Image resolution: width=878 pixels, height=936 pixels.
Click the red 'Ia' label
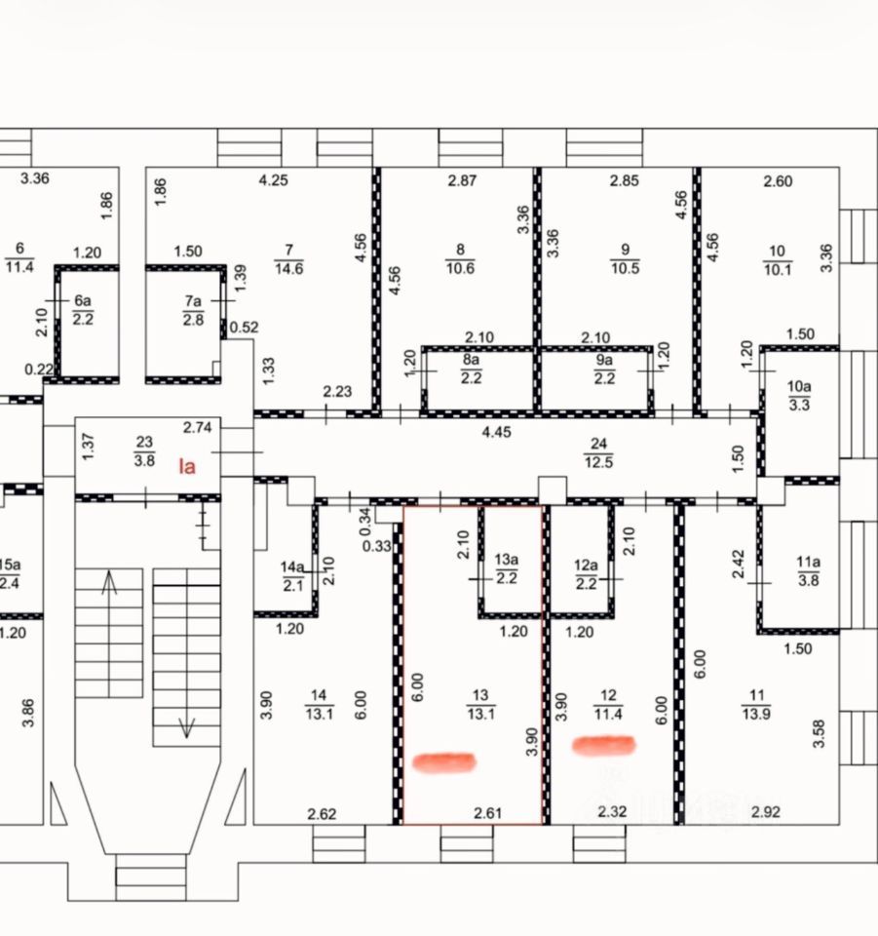186,466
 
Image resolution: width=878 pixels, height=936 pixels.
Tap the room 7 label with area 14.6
289,259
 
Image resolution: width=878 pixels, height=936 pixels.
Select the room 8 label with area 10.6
460,259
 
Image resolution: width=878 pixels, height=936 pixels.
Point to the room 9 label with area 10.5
625,259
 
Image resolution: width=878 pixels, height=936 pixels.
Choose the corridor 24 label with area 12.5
599,453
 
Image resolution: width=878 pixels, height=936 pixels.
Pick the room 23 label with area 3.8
144,453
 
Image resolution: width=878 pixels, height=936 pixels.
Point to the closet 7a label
193,310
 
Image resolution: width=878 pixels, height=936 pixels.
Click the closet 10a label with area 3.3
798,395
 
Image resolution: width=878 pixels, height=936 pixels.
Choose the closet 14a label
293,575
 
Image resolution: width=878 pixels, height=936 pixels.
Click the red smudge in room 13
444,761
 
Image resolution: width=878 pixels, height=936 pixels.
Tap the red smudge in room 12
603,746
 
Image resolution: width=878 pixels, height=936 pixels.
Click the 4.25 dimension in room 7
275,180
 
